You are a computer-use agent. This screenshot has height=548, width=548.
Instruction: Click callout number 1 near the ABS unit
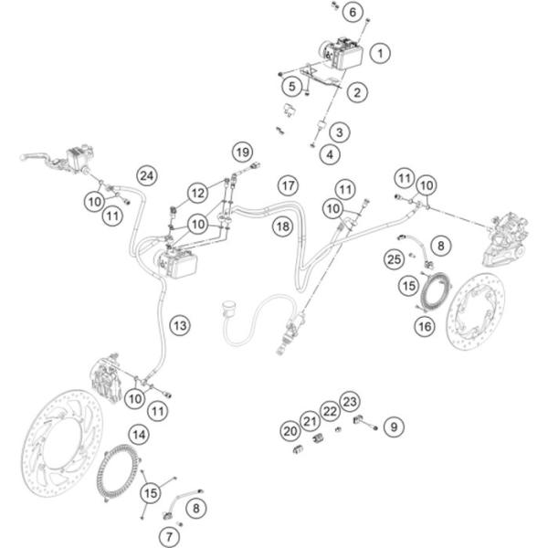[379, 54]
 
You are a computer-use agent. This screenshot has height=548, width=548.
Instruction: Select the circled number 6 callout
[352, 12]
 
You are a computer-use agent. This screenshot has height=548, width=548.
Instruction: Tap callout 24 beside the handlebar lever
[148, 174]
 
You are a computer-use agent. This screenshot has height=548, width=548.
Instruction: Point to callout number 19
[240, 151]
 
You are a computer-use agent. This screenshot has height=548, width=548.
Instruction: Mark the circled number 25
[395, 260]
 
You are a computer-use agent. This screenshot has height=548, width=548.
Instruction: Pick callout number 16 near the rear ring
[425, 326]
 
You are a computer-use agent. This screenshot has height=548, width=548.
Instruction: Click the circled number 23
[351, 402]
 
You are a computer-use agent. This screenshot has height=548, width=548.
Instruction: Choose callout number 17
[289, 185]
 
